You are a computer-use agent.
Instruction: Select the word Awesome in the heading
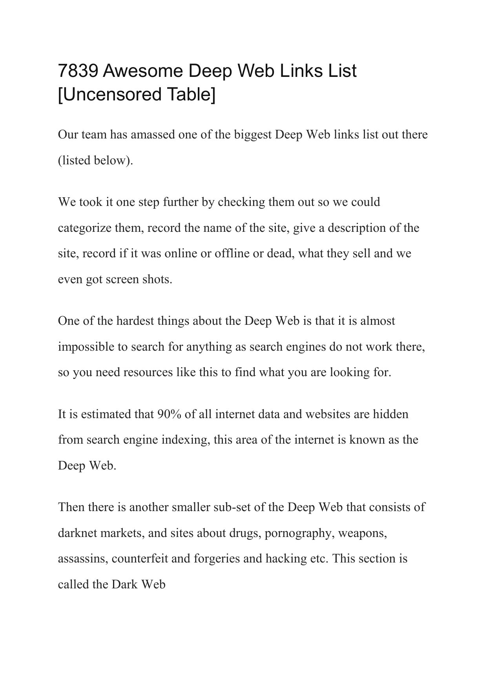click(x=143, y=71)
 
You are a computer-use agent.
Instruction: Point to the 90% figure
click(x=169, y=414)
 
